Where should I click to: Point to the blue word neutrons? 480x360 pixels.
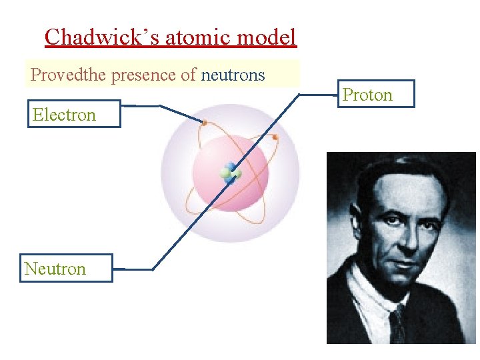coord(233,75)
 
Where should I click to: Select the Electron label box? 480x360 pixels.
coord(73,114)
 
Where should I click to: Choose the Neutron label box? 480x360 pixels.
coord(65,268)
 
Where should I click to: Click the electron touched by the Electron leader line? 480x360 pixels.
coord(204,122)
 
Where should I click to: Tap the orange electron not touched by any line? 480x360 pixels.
coord(275,137)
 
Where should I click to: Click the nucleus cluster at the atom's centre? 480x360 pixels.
coord(231,173)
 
